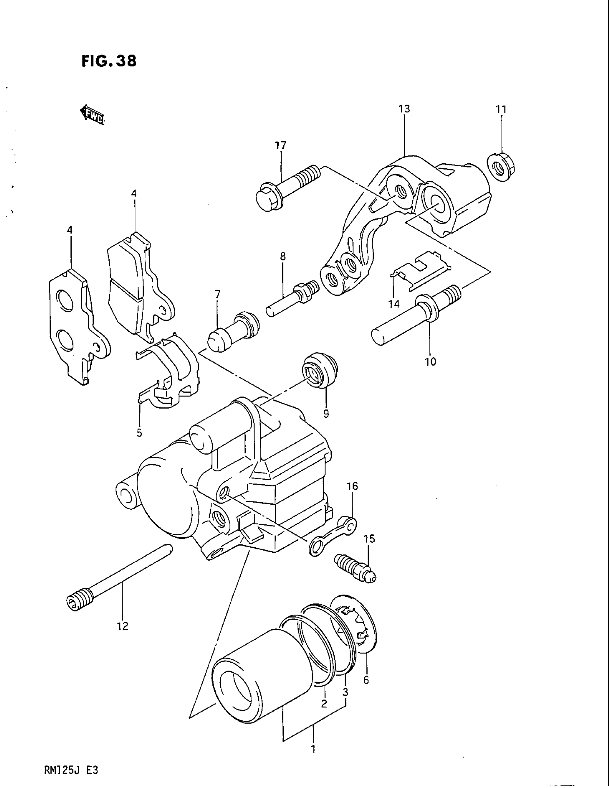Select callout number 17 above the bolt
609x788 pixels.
point(280,145)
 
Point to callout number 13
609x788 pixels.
point(404,109)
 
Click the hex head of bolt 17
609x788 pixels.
point(267,199)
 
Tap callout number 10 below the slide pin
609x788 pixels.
point(430,361)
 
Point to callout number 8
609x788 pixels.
point(283,256)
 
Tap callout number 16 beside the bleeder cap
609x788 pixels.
point(352,486)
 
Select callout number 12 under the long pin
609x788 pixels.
point(123,626)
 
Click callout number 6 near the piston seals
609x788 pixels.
point(366,681)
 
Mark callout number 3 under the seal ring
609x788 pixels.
point(345,692)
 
